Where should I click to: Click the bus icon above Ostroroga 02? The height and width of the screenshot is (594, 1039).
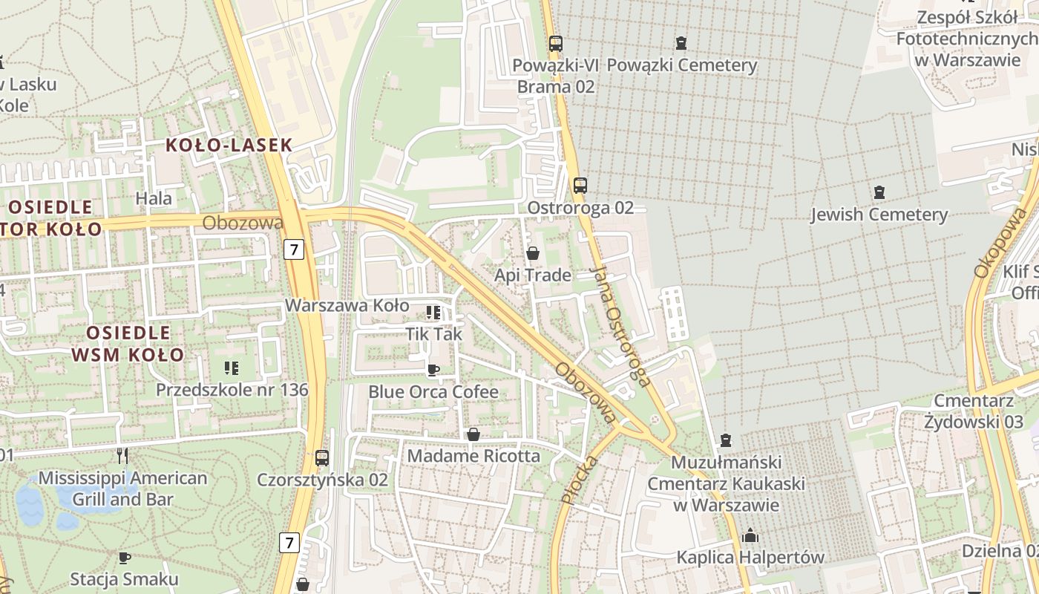coord(580,185)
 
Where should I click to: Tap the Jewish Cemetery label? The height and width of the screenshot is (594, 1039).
coord(879,215)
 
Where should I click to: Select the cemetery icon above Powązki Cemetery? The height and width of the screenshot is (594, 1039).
coord(681,43)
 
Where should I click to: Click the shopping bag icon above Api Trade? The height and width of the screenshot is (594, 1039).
coord(532,253)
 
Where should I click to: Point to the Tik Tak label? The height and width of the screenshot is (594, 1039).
coord(434,334)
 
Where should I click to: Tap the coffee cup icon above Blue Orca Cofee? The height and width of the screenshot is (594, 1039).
coord(433,369)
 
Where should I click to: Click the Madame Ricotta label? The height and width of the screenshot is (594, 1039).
coord(473,456)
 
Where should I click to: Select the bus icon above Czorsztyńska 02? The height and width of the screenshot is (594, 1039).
coord(321,457)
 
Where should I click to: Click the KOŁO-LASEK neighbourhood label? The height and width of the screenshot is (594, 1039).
coord(229,146)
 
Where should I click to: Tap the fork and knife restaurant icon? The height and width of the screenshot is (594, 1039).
coord(122,455)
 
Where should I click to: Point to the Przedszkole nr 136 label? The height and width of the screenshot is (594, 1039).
coord(232,390)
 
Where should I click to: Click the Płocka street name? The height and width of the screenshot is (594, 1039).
coord(580,480)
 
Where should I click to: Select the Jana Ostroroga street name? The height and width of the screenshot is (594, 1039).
coord(620,327)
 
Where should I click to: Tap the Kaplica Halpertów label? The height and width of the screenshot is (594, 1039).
coord(750,558)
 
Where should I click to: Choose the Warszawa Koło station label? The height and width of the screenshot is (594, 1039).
coord(347,306)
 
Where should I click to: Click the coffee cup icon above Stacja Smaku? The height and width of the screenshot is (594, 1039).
coord(124,557)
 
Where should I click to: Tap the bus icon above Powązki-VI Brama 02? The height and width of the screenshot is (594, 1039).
coord(555,43)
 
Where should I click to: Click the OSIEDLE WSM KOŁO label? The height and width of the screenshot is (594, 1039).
coord(127,344)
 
